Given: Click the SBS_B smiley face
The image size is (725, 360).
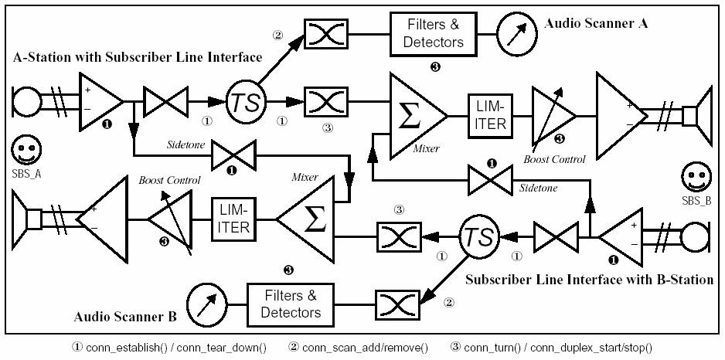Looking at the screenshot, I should [x=696, y=179].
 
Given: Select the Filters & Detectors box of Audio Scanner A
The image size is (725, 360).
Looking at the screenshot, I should [x=435, y=34].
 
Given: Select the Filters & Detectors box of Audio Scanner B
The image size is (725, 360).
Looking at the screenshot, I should [x=294, y=304].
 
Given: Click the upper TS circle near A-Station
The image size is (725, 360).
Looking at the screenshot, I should [x=246, y=101].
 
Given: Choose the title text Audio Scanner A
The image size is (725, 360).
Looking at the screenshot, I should [x=595, y=24].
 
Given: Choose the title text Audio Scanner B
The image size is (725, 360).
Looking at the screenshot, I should [x=126, y=317].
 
